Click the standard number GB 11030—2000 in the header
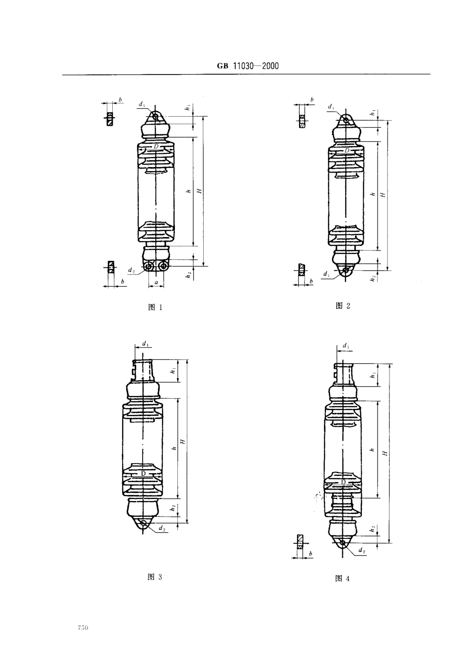(x=247, y=66)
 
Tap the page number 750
(x=82, y=629)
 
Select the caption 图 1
(x=156, y=307)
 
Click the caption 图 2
(x=343, y=306)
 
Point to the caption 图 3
(x=155, y=577)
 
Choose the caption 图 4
(x=343, y=578)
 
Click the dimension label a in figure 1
(x=156, y=282)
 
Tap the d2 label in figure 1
(x=131, y=270)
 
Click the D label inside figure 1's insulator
(x=156, y=147)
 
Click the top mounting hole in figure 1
(x=156, y=117)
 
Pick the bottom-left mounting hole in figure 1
(x=149, y=266)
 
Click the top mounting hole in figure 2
(x=346, y=120)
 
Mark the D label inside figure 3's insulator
(x=143, y=474)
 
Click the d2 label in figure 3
(x=162, y=529)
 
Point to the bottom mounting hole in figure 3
(x=144, y=523)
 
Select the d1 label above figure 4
(x=346, y=345)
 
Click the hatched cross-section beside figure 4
(x=300, y=541)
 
